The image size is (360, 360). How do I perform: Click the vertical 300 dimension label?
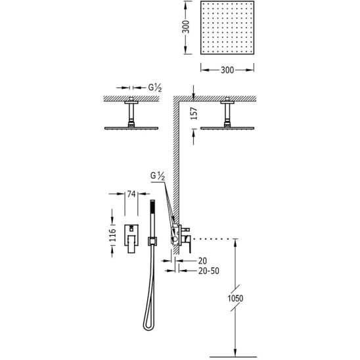(186, 27)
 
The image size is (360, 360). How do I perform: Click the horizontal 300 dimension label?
(227, 70)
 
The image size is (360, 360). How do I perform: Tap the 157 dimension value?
(194, 114)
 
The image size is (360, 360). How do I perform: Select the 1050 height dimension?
(235, 298)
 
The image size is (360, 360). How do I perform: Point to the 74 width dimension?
(131, 194)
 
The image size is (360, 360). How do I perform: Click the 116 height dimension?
(112, 235)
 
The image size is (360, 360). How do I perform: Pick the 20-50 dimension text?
(209, 271)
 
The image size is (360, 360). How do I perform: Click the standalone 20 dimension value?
(202, 261)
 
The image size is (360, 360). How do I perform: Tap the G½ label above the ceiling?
(155, 88)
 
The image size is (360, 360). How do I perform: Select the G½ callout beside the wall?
(158, 176)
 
